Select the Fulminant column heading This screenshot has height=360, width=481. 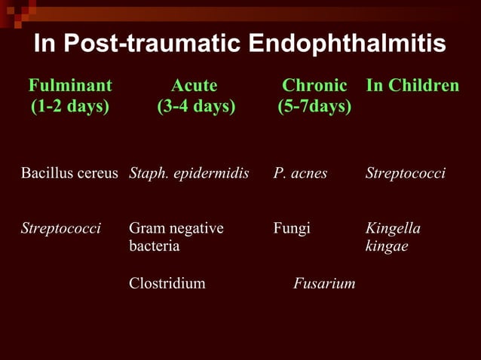tap(70, 85)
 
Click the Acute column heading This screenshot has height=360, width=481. tap(195, 85)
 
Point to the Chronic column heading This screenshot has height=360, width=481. tap(314, 85)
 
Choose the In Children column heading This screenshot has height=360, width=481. tap(412, 85)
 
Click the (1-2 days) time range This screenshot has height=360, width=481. tap(70, 107)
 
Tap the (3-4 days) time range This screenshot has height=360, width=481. tap(196, 107)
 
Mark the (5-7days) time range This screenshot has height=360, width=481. tap(314, 107)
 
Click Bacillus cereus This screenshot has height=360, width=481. tap(69, 174)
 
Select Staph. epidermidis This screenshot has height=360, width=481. tap(189, 174)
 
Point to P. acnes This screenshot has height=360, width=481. tap(300, 174)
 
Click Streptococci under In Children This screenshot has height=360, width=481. tap(406, 174)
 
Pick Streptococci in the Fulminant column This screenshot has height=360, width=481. tap(61, 228)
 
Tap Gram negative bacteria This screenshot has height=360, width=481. tap(176, 236)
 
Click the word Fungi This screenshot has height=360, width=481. tap(292, 228)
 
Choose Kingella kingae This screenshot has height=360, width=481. tap(393, 236)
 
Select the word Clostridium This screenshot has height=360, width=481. tap(167, 284)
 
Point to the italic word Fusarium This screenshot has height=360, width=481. tap(324, 284)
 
